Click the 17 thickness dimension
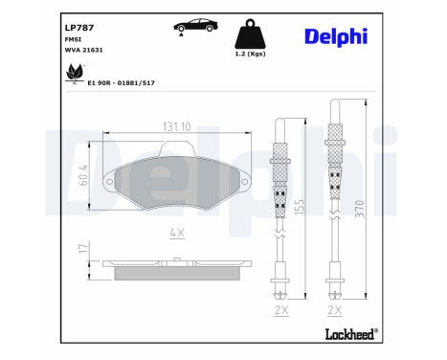83,250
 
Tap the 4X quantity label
177,232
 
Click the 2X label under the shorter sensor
279,312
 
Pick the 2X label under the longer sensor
335,312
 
